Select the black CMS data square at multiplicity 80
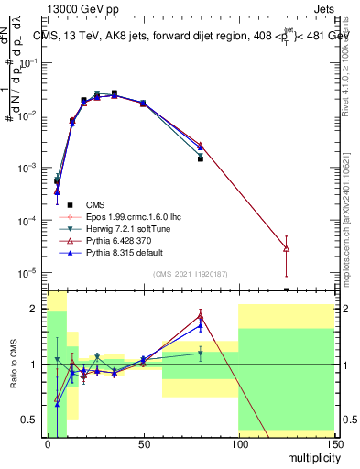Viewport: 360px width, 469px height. [200, 158]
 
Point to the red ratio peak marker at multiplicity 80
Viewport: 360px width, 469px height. [200, 316]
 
